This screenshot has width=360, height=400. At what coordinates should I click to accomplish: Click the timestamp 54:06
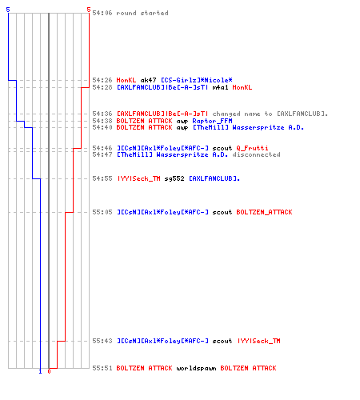[102, 13]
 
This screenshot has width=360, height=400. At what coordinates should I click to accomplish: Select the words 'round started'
[142, 13]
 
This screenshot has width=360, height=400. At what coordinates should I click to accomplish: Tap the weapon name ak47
[148, 80]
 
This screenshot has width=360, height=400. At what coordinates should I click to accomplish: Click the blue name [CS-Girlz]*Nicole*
[197, 80]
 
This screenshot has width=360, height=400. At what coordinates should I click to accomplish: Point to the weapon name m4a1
[221, 87]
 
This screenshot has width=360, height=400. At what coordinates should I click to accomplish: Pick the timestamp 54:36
[102, 114]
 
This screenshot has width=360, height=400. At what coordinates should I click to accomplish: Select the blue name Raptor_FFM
[212, 121]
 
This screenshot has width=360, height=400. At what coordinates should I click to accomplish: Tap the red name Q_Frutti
[252, 148]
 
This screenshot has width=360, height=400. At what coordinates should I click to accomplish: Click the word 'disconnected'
[256, 154]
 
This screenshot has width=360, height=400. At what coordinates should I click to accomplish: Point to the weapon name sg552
[174, 178]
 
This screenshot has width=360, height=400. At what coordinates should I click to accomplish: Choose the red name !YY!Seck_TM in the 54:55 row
[138, 178]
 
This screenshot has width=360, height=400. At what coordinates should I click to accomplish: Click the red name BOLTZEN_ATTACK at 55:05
[264, 212]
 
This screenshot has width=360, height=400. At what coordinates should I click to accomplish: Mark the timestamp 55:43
[102, 341]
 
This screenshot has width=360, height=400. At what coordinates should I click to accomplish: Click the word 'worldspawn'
[196, 368]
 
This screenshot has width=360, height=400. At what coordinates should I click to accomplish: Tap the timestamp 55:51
[102, 368]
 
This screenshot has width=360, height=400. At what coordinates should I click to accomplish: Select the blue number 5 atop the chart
[8, 10]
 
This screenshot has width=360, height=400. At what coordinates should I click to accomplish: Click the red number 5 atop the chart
[89, 10]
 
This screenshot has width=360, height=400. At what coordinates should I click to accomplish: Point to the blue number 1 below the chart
[40, 371]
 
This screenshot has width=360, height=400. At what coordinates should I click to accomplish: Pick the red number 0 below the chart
[49, 371]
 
